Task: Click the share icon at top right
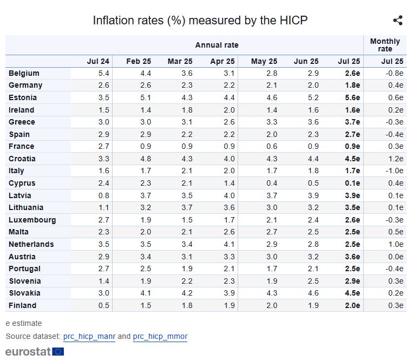coord(398,21)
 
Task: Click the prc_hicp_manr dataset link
coord(89,336)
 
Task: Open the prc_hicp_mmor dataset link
coord(160,336)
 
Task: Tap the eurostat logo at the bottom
coord(35,351)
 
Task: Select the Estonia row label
coord(23,97)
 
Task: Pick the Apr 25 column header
coord(222,61)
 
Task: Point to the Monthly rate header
coord(385,45)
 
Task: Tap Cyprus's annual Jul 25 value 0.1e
coord(352,183)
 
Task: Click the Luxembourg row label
coord(32,220)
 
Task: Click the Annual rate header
coord(217,45)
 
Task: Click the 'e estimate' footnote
coord(24,323)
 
